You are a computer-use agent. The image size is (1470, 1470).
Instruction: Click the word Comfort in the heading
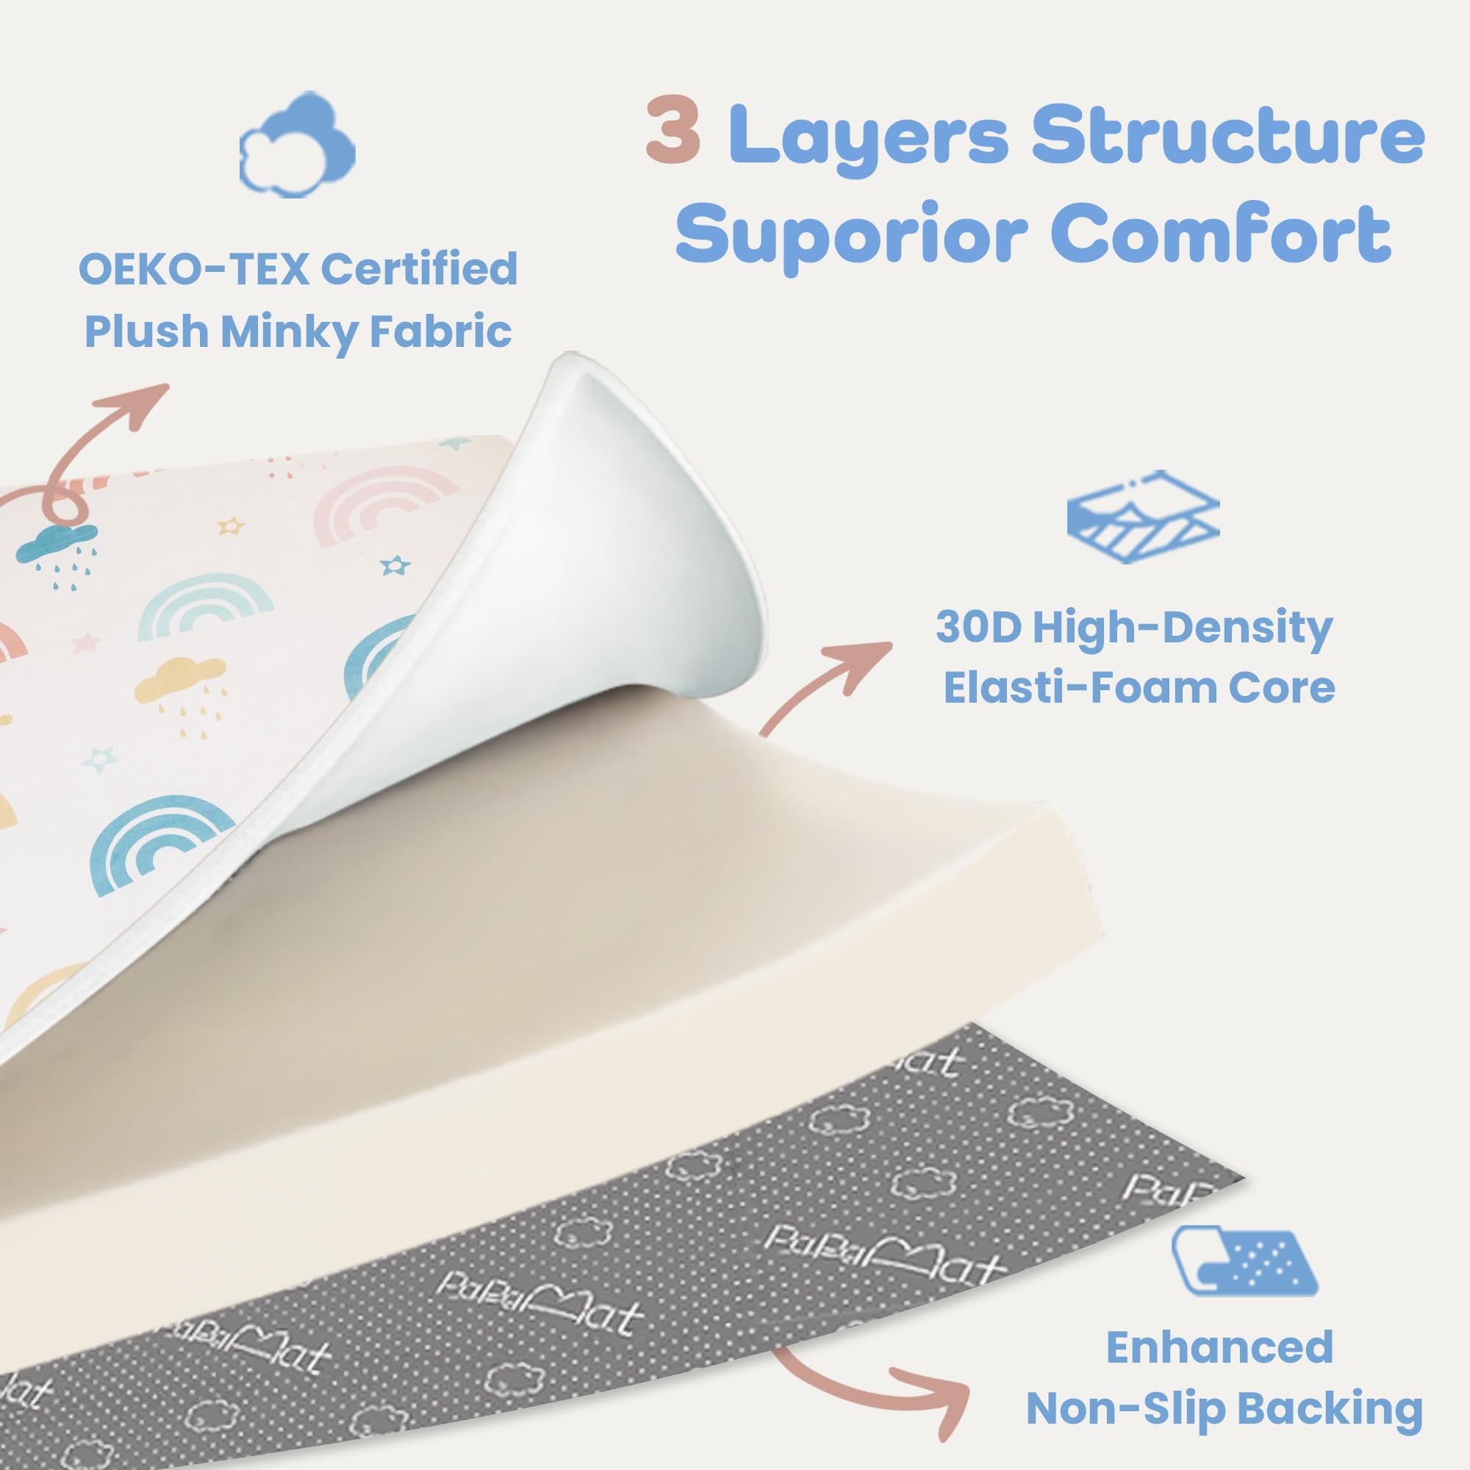click(x=1220, y=229)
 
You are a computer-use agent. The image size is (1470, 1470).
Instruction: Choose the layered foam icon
click(x=1144, y=516)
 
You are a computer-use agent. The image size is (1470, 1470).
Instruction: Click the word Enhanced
click(x=1219, y=1347)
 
